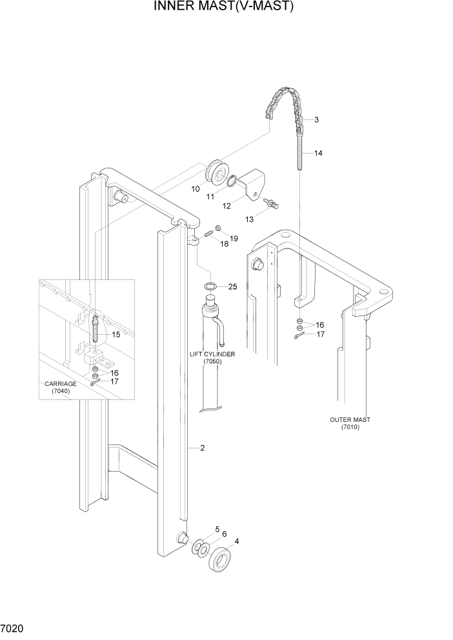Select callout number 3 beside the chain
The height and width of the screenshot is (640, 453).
point(317,120)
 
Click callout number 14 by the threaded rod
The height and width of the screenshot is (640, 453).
point(318,154)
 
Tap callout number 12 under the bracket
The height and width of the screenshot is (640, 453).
point(226,206)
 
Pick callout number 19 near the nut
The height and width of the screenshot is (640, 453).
point(234,238)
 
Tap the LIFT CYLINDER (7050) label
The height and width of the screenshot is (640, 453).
point(212,359)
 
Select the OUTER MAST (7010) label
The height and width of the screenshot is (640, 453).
point(350,423)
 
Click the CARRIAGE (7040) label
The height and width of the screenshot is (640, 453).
point(61,387)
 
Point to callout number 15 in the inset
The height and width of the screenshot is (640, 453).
point(116,334)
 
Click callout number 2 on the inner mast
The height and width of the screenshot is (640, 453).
point(202,448)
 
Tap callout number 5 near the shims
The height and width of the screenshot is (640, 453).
point(217,529)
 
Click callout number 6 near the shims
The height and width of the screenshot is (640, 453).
point(225,534)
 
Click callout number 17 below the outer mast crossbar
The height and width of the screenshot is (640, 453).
point(320,334)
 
